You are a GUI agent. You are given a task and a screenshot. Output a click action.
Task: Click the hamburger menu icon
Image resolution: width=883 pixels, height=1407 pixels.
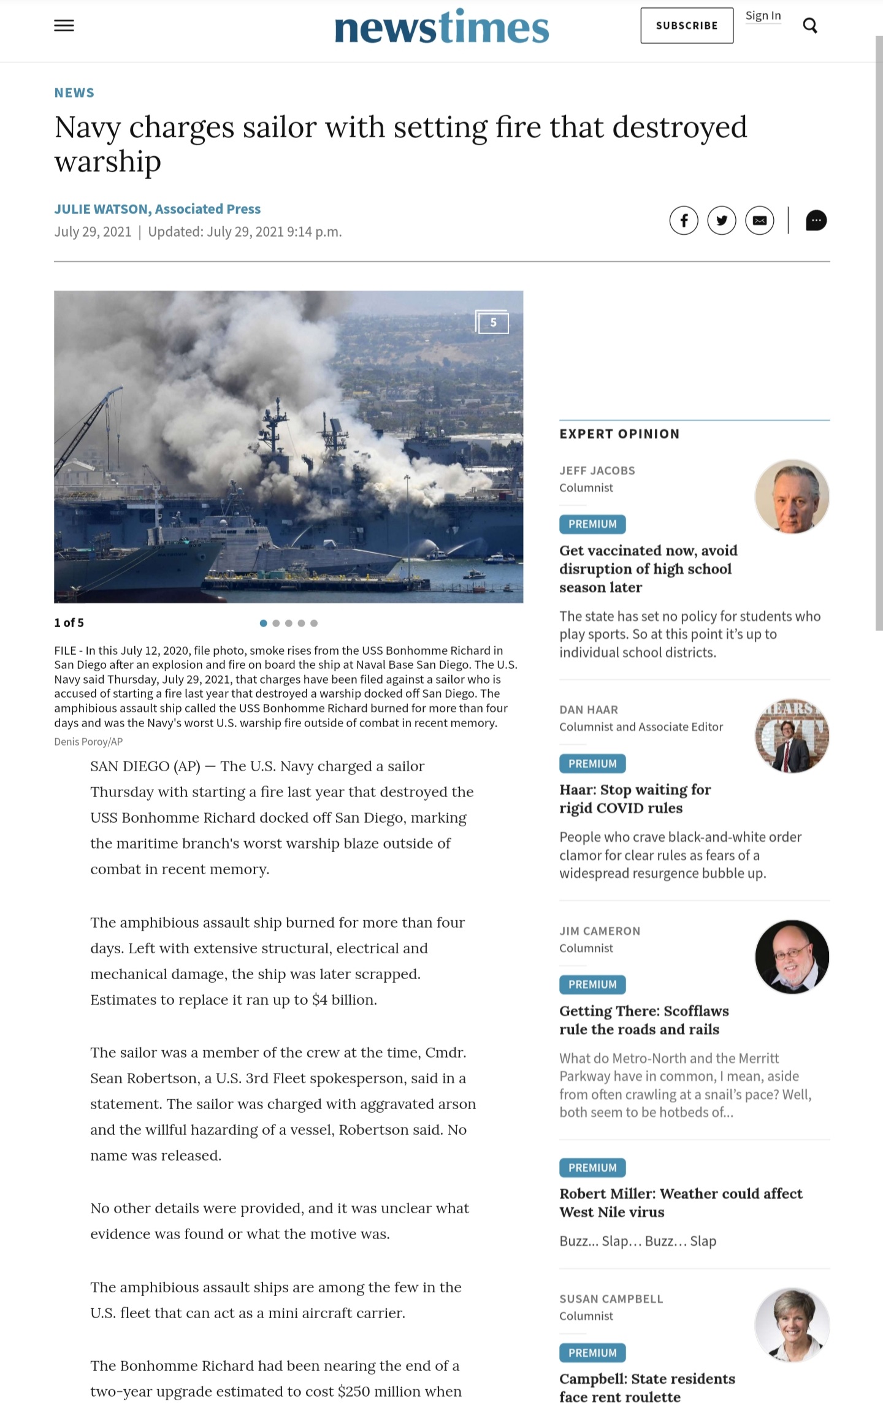pos(64,26)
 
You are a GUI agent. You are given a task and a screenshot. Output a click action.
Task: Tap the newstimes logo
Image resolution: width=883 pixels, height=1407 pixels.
pos(442,28)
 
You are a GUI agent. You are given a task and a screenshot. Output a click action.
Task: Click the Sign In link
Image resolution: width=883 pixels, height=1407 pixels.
pos(763,16)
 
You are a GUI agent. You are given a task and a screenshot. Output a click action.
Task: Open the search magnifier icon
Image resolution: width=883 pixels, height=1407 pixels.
pos(810,26)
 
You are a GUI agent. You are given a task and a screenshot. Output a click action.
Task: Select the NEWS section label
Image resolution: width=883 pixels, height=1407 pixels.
pos(74,93)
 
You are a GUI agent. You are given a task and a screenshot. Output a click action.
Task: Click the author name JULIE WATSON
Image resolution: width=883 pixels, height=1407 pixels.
pos(102,209)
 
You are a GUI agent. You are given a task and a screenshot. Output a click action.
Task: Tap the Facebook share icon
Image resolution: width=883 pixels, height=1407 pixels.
pos(684,220)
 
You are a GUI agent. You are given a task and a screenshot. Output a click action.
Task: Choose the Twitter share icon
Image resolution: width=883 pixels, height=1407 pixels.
pos(722,220)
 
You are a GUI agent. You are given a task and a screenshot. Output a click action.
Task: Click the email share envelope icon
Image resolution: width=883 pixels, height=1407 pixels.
pos(760,220)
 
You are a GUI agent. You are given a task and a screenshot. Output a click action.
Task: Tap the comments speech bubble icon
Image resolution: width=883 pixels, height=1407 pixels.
pos(816,220)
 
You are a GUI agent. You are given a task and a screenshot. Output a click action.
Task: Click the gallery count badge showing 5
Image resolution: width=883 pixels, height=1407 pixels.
pos(492,322)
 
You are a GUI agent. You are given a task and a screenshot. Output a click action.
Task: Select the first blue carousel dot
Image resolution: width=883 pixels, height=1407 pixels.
pos(263,623)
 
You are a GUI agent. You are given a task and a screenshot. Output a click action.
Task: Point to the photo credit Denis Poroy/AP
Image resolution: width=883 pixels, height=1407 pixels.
pos(88,742)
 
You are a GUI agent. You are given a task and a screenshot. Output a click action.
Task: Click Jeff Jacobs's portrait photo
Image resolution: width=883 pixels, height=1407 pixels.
pos(792,496)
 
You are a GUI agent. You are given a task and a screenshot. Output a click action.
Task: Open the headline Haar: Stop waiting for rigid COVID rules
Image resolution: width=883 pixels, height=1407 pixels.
pos(635,798)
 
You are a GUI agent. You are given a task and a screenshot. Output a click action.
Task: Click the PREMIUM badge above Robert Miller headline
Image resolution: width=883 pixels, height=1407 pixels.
pos(592,1167)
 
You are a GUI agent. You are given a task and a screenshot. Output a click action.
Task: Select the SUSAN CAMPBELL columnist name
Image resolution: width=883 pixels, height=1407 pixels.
pos(611,1298)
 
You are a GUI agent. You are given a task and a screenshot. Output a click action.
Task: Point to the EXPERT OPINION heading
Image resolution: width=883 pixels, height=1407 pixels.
pos(619,434)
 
